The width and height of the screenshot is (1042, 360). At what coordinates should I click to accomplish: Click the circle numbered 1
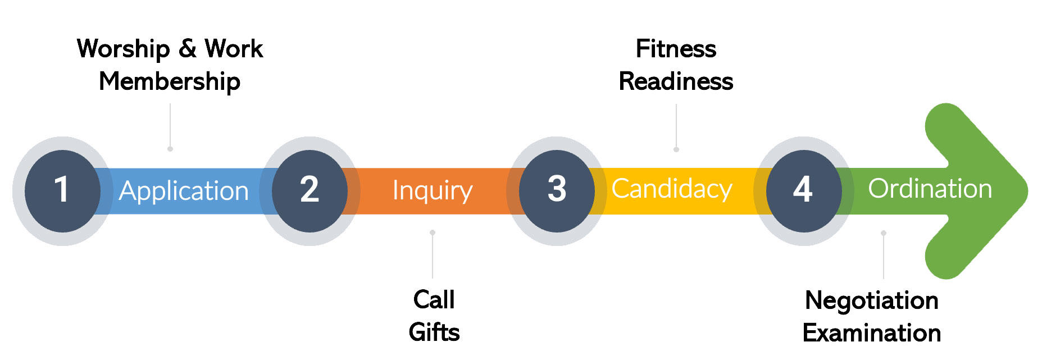coord(62,191)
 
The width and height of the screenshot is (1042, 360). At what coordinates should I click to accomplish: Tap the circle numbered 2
coord(310,191)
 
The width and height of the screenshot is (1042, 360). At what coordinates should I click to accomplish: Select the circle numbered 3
coord(557,191)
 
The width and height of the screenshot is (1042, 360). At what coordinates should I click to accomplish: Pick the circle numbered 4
coord(803,191)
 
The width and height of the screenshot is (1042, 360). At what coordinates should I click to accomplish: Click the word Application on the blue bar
coord(184,192)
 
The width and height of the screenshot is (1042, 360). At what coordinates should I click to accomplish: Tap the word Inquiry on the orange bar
coord(432,191)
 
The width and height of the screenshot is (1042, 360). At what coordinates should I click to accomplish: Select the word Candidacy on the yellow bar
coord(671,189)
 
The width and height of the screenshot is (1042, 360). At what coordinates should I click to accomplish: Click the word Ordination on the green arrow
coord(930,189)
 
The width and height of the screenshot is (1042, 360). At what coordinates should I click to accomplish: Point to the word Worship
coord(124,49)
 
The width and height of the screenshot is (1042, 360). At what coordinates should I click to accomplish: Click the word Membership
coord(170,82)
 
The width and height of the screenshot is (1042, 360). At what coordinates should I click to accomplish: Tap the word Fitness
coord(676,49)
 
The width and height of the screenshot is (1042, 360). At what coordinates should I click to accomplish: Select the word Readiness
coord(676,82)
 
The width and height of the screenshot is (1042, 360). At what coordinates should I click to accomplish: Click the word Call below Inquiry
coord(434,300)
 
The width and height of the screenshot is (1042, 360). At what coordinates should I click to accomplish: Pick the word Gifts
coord(434,332)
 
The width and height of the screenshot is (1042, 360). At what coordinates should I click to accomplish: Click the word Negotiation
coord(871,301)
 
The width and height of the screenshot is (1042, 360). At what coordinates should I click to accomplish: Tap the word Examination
coord(871,334)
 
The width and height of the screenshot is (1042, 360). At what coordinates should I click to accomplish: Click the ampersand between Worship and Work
coord(188,49)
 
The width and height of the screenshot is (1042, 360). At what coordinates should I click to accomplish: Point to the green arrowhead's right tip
coord(1026,191)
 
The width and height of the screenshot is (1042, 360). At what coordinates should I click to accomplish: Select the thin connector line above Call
coord(433,256)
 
